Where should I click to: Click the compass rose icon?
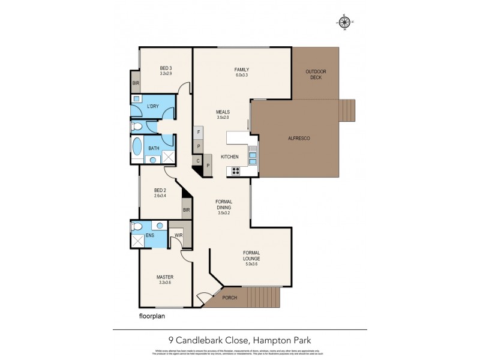pyautogui.click(x=344, y=22)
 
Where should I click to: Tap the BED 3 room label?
pyautogui.click(x=166, y=67)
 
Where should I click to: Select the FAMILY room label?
pyautogui.click(x=242, y=70)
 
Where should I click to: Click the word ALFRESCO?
pyautogui.click(x=298, y=139)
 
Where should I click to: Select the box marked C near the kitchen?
pyautogui.click(x=197, y=160)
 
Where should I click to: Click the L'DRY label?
pyautogui.click(x=153, y=106)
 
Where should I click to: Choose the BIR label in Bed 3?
pyautogui.click(x=135, y=83)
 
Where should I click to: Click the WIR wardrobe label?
pyautogui.click(x=178, y=235)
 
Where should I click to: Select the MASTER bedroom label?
pyautogui.click(x=165, y=277)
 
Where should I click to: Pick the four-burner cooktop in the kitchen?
pyautogui.click(x=236, y=170)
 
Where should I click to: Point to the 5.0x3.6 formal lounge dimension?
pyautogui.click(x=252, y=264)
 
